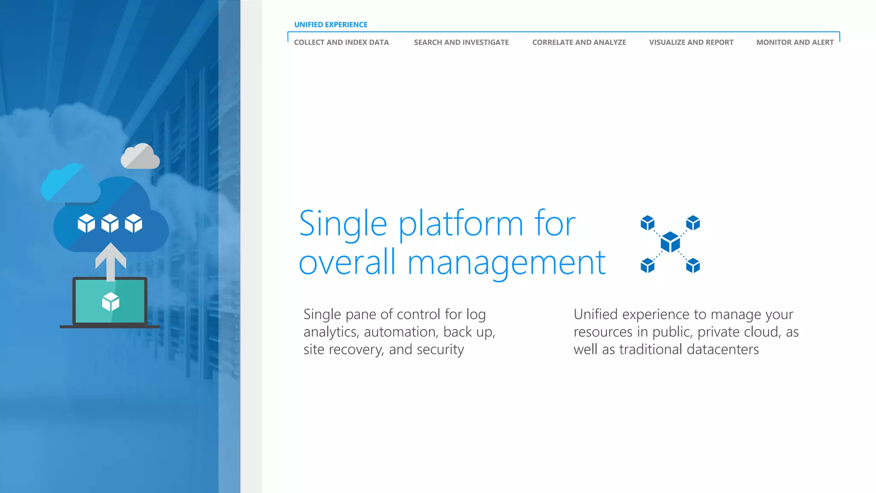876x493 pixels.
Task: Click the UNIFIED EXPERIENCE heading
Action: click(x=331, y=25)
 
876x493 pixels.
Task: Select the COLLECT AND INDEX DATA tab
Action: click(x=341, y=42)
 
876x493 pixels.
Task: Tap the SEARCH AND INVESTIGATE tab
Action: click(x=461, y=42)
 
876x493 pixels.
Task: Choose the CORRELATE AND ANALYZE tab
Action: click(x=579, y=42)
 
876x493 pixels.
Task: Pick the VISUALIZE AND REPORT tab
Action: click(x=691, y=42)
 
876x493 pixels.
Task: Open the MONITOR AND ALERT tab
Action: click(x=795, y=42)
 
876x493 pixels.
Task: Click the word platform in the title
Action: click(x=461, y=224)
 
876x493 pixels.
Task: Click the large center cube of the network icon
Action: click(x=670, y=243)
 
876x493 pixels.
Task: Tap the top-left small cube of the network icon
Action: click(x=648, y=223)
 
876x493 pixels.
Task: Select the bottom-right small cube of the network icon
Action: click(x=693, y=265)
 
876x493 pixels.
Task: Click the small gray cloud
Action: click(x=140, y=157)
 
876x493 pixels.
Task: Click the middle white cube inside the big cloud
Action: click(x=110, y=223)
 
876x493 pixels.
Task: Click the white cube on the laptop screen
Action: click(x=111, y=302)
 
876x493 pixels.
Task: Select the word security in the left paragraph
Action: click(x=440, y=350)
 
